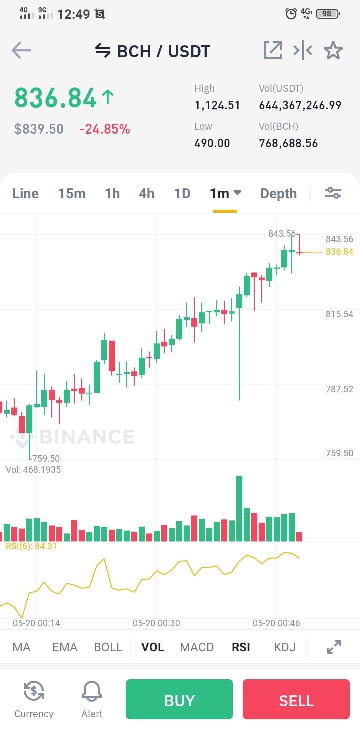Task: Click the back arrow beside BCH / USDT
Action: pyautogui.click(x=21, y=50)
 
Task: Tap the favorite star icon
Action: pyautogui.click(x=333, y=50)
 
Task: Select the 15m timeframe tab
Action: pyautogui.click(x=72, y=194)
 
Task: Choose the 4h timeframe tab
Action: pyautogui.click(x=146, y=194)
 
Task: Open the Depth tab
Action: pyautogui.click(x=278, y=194)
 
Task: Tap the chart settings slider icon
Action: pyautogui.click(x=333, y=193)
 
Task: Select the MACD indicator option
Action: pyautogui.click(x=197, y=647)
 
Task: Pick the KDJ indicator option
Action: pyautogui.click(x=284, y=647)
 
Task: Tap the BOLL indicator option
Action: pyautogui.click(x=108, y=647)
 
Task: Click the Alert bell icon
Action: pyautogui.click(x=92, y=691)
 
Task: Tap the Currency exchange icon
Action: pyautogui.click(x=34, y=691)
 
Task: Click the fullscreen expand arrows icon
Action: pyautogui.click(x=334, y=647)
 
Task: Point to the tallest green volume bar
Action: pyautogui.click(x=239, y=508)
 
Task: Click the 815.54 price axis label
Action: pyautogui.click(x=339, y=314)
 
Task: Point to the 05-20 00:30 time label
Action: pyautogui.click(x=156, y=623)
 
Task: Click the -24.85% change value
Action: pyautogui.click(x=104, y=129)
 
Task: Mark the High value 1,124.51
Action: pyautogui.click(x=217, y=105)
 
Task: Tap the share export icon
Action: pyautogui.click(x=272, y=50)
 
